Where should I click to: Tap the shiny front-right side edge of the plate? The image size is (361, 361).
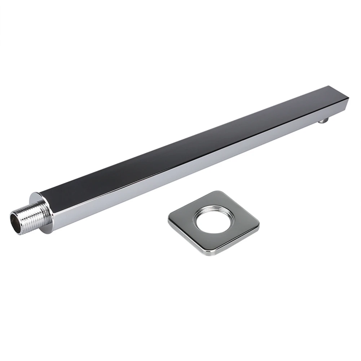tap(238, 242)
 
